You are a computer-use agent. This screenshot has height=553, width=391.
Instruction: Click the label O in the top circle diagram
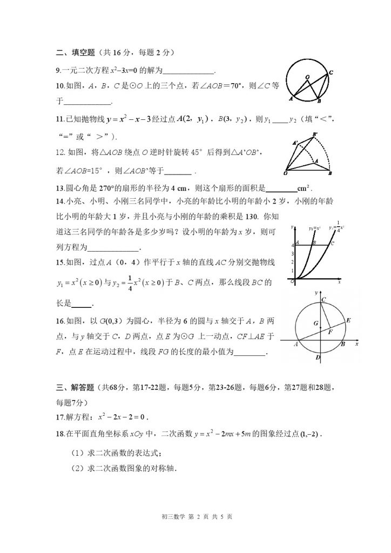307,77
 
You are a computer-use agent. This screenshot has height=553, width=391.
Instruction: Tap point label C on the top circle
331,72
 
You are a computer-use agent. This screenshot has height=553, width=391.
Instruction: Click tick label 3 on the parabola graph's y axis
292,253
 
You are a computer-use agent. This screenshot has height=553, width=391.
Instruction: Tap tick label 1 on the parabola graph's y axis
292,271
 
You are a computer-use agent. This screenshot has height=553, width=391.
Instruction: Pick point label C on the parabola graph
333,243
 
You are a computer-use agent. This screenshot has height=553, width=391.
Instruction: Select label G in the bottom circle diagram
315,323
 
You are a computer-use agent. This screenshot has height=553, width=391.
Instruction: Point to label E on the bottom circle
349,320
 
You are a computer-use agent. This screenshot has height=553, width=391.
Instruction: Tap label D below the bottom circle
319,358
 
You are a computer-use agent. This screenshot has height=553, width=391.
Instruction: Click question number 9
58,71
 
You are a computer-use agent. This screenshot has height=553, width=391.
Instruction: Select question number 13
60,188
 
